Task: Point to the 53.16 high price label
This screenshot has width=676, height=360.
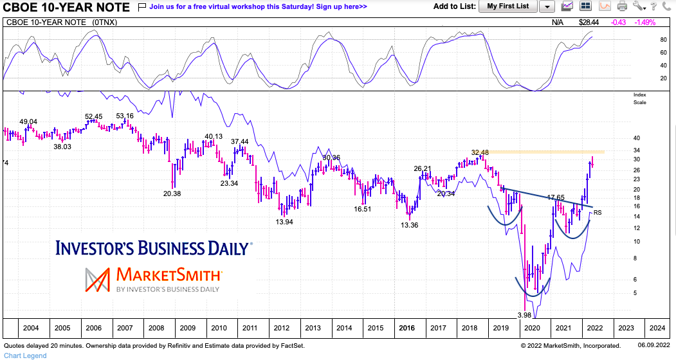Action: click(x=125, y=116)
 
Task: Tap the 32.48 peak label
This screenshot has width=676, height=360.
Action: click(x=480, y=152)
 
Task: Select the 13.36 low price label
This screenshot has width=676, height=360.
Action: click(x=410, y=225)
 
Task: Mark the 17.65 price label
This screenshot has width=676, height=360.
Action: click(x=556, y=197)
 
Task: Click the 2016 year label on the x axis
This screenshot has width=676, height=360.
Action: click(x=407, y=328)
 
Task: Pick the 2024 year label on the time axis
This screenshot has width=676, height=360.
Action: click(x=657, y=328)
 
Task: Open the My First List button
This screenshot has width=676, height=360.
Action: click(x=507, y=6)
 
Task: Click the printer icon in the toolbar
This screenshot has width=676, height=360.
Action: click(x=621, y=6)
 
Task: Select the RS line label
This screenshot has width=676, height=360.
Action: click(x=598, y=213)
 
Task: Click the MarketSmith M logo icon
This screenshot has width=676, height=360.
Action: click(x=98, y=279)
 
